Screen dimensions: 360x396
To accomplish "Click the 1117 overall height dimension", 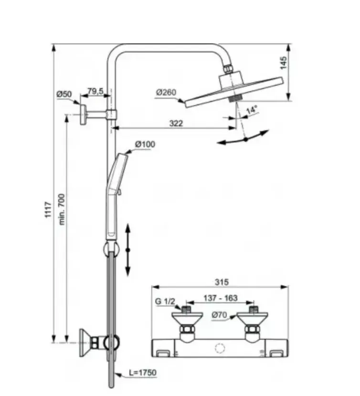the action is pos(48,209).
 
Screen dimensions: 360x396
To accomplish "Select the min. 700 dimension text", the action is pos(62,209).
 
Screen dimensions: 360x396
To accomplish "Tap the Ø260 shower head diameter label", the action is pos(166,93).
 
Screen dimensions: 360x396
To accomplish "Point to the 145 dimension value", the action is pos(284,63).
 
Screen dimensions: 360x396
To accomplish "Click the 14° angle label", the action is pos(252,110).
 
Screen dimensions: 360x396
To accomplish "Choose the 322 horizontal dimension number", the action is pos(176,123).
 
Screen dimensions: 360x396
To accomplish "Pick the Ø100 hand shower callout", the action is pos(145,144).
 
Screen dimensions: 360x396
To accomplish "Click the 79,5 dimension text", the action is pos(95,91).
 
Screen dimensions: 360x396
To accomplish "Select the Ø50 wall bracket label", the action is pos(64,94).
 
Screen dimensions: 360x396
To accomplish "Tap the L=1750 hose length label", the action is pos(143,373).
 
